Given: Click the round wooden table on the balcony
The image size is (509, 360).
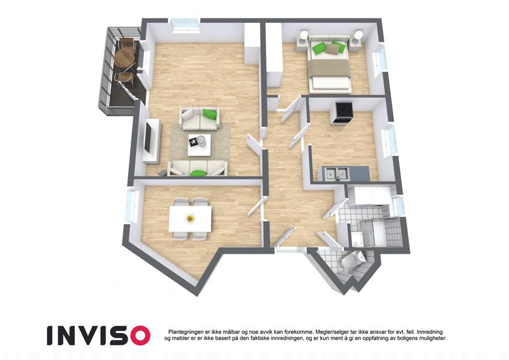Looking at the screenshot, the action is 124,58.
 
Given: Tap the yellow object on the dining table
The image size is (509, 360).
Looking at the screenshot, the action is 189,218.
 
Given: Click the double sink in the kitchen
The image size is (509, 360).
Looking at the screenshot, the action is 336,173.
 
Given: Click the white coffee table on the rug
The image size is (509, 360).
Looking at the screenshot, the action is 199,145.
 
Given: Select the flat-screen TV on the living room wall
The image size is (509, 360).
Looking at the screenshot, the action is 148,137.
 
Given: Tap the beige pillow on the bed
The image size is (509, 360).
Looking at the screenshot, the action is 332,49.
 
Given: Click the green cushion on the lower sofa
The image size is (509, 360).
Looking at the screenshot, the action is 198,173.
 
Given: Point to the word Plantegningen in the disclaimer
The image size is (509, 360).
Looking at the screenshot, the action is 186,332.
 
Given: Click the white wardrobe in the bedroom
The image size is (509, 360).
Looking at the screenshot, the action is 275,55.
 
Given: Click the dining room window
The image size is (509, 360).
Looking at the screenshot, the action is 132,206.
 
